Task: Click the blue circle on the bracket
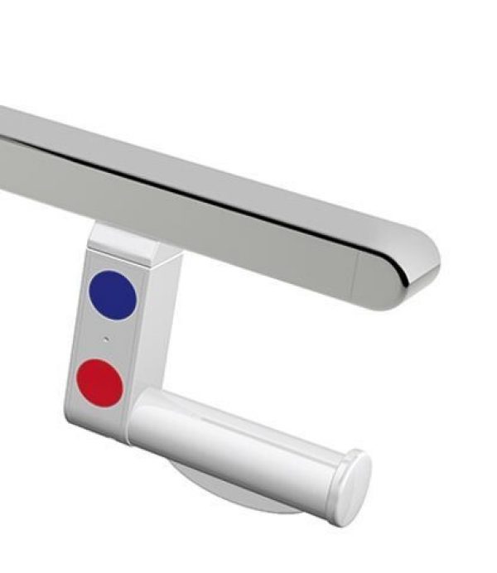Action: [x=111, y=295]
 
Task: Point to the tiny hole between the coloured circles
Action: [x=105, y=339]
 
